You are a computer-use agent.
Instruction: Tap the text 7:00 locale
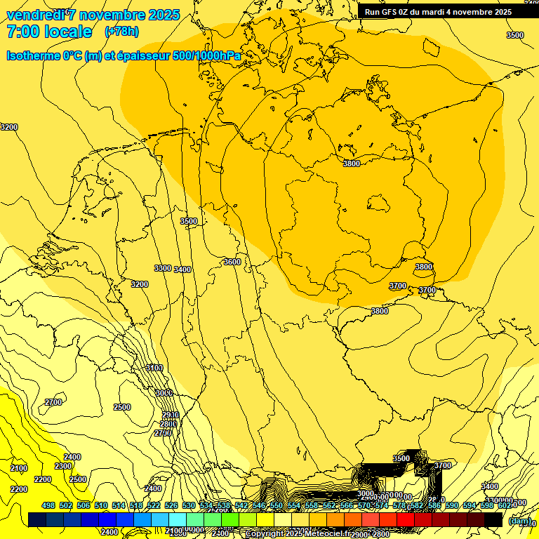pyautogui.click(x=49, y=32)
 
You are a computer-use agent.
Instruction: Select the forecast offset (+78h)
pyautogui.click(x=121, y=32)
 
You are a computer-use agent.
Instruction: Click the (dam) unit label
pyautogui.click(x=519, y=521)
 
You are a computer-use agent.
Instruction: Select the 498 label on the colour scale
pyautogui.click(x=48, y=505)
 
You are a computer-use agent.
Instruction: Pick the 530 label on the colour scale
pyautogui.click(x=189, y=505)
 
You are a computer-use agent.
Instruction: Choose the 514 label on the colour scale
pyautogui.click(x=119, y=505)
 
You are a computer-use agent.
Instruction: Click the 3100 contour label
pyautogui.click(x=154, y=368)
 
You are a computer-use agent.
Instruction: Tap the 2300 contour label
pyautogui.click(x=63, y=466)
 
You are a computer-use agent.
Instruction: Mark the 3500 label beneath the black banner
pyautogui.click(x=515, y=35)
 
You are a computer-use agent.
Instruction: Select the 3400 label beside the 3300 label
pyautogui.click(x=183, y=269)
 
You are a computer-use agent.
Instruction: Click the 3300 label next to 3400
pyautogui.click(x=163, y=268)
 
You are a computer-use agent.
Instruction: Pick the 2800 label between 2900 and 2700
pyautogui.click(x=168, y=424)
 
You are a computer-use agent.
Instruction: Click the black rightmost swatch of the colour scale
pyautogui.click(x=493, y=519)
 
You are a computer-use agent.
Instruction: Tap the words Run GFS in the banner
pyautogui.click(x=380, y=12)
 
